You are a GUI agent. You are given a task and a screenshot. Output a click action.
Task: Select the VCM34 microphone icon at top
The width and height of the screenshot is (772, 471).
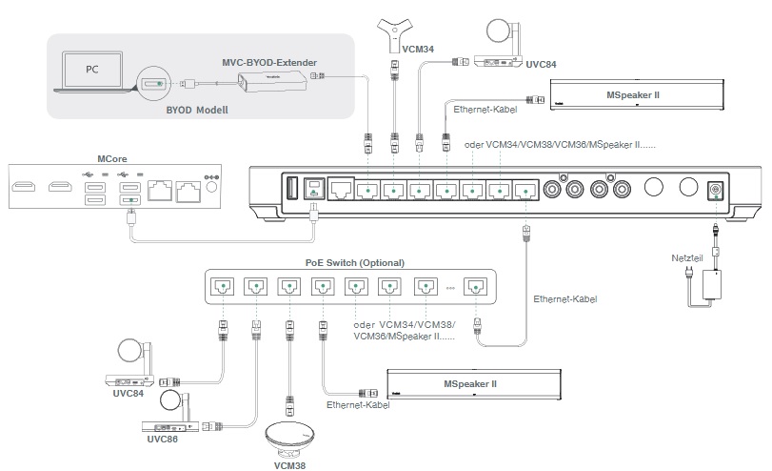[x=392, y=31]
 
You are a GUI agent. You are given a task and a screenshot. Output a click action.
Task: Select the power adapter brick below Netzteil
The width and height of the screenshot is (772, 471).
[x=710, y=283]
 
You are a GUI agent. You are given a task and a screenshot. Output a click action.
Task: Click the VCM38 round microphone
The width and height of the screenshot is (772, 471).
[x=296, y=438]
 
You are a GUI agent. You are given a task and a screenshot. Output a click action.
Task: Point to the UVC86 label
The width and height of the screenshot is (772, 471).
[x=162, y=440]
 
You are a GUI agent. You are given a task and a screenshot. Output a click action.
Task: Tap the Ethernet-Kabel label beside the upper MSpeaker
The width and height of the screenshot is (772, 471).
[x=485, y=111]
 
